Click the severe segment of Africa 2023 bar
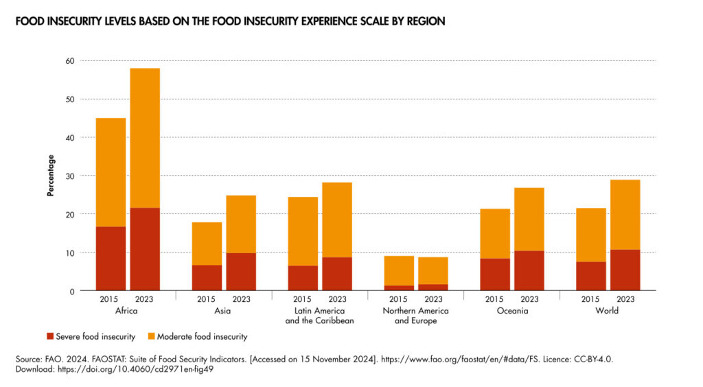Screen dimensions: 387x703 coord(145,249)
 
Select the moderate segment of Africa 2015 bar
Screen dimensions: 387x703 coord(111,172)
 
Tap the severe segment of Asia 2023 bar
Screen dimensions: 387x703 coord(241,272)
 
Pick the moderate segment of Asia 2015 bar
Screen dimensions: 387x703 coord(207,244)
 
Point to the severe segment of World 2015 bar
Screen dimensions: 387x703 coord(591,276)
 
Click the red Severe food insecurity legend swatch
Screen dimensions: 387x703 coord(50,336)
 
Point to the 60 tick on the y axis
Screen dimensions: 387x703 coord(70,61)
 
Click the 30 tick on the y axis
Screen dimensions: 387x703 coord(70,176)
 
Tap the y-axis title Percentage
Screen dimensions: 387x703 coord(51,176)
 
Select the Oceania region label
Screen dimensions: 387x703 coord(511,311)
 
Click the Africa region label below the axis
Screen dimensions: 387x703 coord(127,311)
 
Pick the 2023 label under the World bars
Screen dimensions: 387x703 coord(625,300)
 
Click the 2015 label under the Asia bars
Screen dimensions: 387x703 coord(207,300)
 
